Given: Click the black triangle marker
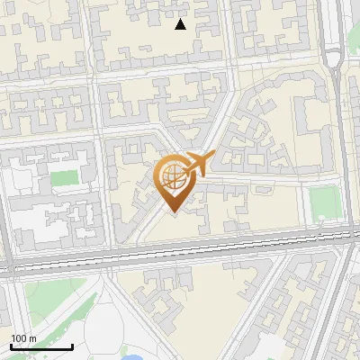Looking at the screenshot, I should pos(181,24).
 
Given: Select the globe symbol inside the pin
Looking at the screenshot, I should pos(172,175).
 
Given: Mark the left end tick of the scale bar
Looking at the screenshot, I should pos(12,346).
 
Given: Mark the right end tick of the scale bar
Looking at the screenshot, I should pos(72,346).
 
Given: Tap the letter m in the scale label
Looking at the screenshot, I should pos(32,337).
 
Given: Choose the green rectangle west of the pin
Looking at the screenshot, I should pos(64,177).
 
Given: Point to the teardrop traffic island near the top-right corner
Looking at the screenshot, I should pos(334,60).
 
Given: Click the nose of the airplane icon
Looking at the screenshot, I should pos(212,157).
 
